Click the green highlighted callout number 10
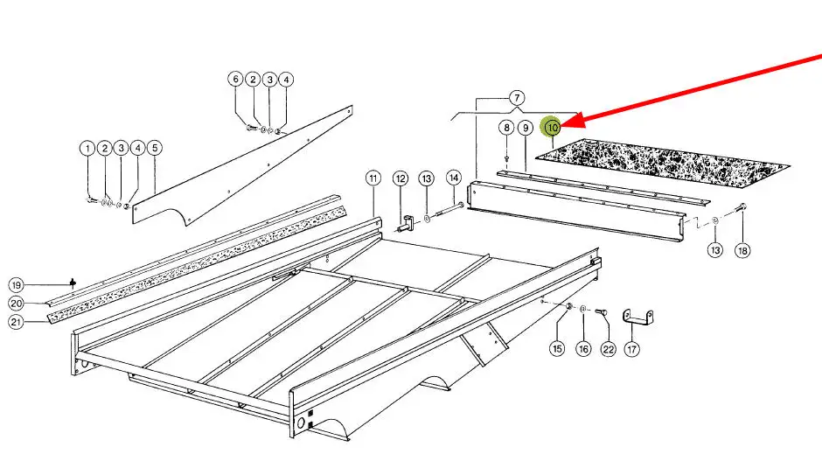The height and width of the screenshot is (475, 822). click(553, 127)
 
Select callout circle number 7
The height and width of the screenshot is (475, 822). click(517, 97)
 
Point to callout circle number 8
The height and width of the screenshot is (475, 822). click(506, 128)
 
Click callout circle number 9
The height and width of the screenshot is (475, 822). click(526, 128)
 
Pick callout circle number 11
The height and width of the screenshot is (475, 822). click(373, 178)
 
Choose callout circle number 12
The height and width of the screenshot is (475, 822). click(401, 178)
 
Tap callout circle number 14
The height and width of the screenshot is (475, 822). click(454, 178)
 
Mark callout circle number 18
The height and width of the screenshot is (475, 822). click(742, 250)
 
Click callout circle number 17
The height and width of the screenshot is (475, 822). click(632, 349)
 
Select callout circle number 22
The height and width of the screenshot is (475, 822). click(608, 349)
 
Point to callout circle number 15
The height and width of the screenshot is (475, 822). click(557, 349)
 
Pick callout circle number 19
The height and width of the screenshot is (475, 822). click(17, 285)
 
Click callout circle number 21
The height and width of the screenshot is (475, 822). click(17, 321)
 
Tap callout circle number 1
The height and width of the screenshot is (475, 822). click(87, 149)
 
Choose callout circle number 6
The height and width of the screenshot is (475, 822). click(236, 79)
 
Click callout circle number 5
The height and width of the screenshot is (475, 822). click(155, 149)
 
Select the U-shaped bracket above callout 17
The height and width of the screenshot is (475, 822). click(637, 319)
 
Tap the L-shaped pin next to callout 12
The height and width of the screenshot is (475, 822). click(407, 225)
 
